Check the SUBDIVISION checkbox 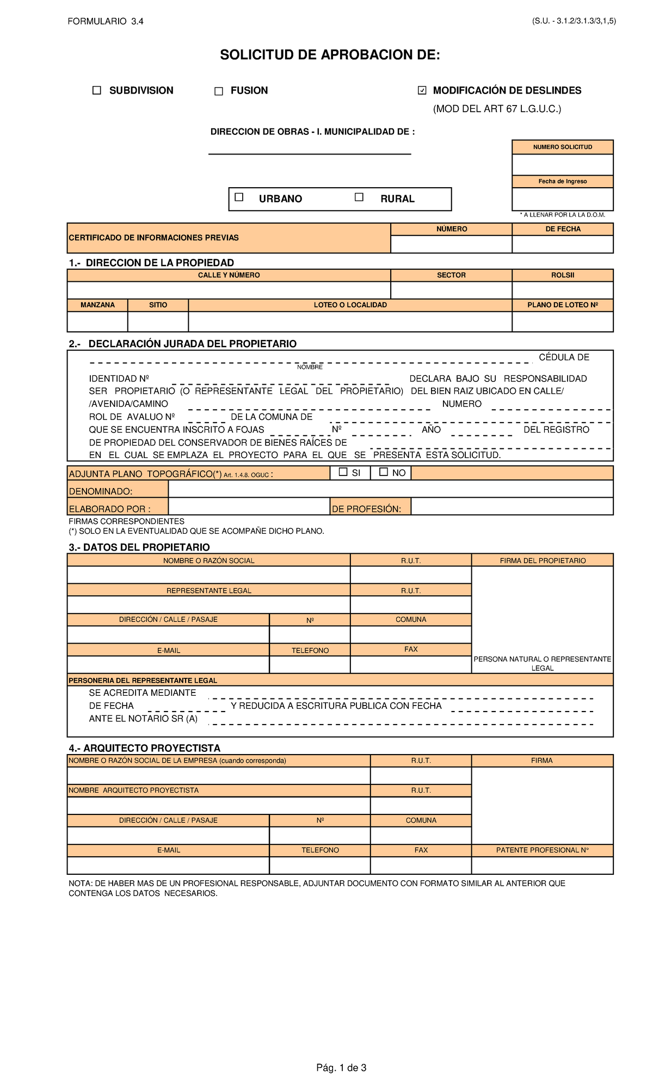click(x=97, y=91)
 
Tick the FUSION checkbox click(x=219, y=91)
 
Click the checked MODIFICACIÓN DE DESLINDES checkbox click(x=422, y=91)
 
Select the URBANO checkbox click(x=239, y=197)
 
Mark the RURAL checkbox click(x=359, y=197)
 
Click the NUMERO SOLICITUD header click(x=562, y=147)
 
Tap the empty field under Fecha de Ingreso click(x=562, y=199)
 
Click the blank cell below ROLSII click(x=562, y=290)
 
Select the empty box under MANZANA click(x=97, y=322)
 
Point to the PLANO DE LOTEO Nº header click(x=562, y=305)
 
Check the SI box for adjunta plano click(x=343, y=472)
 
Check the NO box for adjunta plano click(x=384, y=472)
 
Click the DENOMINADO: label click(x=101, y=491)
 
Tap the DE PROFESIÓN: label click(x=366, y=509)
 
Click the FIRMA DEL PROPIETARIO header click(x=543, y=560)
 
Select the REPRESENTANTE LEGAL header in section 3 click(x=209, y=590)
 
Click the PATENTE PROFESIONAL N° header click(x=542, y=850)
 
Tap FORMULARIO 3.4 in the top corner click(x=105, y=21)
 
